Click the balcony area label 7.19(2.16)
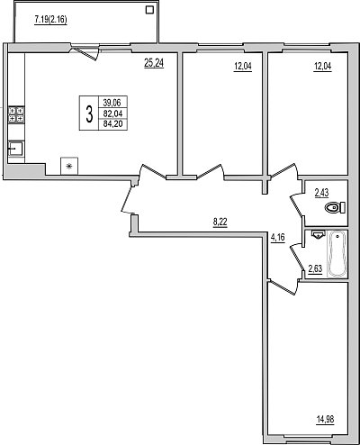[50, 20]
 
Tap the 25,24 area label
[154, 63]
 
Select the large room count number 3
[89, 114]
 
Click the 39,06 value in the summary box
[112, 103]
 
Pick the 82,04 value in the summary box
[112, 114]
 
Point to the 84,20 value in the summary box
[112, 123]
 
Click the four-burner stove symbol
[16, 114]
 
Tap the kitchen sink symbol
[15, 149]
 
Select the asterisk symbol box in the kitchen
[69, 166]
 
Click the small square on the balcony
[149, 10]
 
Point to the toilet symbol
[336, 208]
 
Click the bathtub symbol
[337, 254]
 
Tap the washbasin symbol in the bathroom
[318, 234]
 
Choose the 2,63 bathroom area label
[315, 268]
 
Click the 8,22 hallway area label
[220, 222]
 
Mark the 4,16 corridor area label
[277, 238]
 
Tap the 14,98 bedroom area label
[325, 419]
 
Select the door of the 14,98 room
[283, 286]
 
